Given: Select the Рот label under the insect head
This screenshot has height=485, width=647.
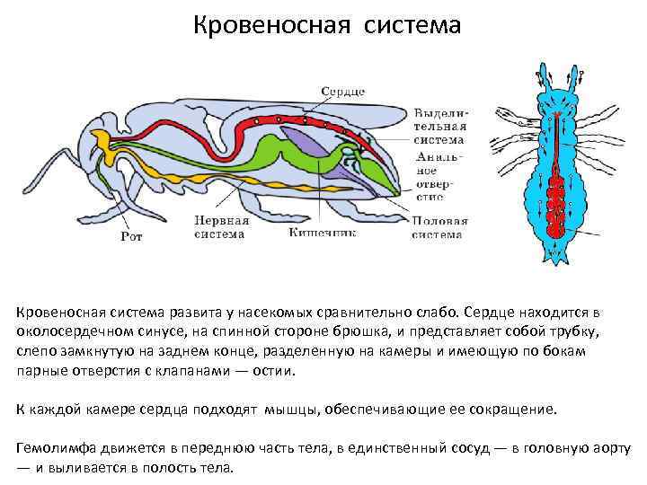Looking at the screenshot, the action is point(130,237).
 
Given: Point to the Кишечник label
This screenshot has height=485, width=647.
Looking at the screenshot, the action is point(322,232).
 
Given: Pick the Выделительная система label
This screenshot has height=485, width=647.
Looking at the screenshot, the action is point(439,126).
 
